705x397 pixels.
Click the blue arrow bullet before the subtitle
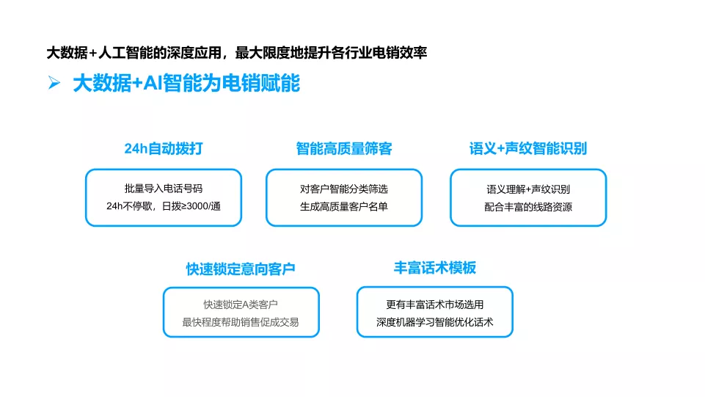(54, 83)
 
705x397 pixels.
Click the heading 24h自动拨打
(164, 148)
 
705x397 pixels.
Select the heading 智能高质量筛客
(344, 148)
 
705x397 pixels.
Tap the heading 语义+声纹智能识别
(528, 148)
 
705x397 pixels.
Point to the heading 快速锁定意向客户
(241, 269)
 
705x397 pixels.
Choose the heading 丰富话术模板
(435, 268)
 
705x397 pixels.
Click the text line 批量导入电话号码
(164, 189)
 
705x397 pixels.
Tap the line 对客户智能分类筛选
(344, 189)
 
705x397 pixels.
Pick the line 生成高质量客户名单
(344, 206)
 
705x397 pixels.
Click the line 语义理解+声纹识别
(528, 189)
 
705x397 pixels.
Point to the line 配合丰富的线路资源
(528, 207)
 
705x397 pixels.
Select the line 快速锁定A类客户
(241, 305)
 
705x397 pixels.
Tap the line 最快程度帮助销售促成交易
(241, 322)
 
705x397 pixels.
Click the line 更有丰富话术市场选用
(435, 305)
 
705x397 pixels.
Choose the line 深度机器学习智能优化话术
(435, 322)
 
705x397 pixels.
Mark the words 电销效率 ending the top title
(400, 53)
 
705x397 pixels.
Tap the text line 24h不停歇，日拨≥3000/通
(164, 206)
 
